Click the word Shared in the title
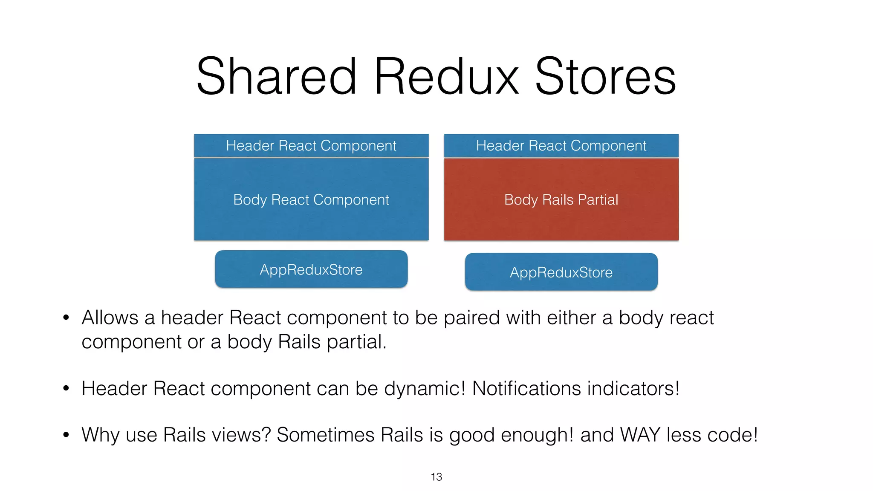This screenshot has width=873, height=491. pyautogui.click(x=276, y=77)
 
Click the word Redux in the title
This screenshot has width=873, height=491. pyautogui.click(x=446, y=77)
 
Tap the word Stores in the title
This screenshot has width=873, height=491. pyautogui.click(x=605, y=77)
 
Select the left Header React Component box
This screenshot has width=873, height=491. pyautogui.click(x=311, y=146)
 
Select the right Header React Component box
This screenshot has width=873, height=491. pyautogui.click(x=561, y=146)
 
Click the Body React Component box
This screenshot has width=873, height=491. pyautogui.click(x=311, y=199)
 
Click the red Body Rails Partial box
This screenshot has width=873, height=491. pyautogui.click(x=561, y=199)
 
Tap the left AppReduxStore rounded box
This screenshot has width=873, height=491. pyautogui.click(x=311, y=269)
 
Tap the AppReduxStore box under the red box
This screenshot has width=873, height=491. pyautogui.click(x=561, y=272)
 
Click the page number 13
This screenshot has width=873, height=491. pyautogui.click(x=436, y=477)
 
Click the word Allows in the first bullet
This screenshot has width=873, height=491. pyautogui.click(x=110, y=318)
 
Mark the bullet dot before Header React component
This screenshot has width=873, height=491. pyautogui.click(x=66, y=388)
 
